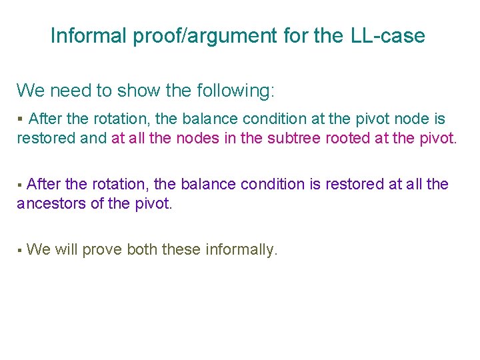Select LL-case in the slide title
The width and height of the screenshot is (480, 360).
pos(387,35)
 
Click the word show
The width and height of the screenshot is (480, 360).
pos(137,91)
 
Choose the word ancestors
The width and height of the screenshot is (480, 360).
pos(51,203)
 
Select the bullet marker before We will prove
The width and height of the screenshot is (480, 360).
pos(20,251)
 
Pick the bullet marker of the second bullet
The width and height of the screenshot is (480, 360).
pos(20,185)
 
